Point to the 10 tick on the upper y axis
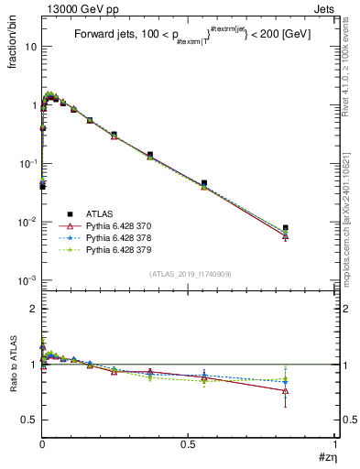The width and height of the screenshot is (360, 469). point(29,46)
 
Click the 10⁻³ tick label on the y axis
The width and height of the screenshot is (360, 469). point(27,280)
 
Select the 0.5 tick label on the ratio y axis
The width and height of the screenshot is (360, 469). point(29,420)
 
